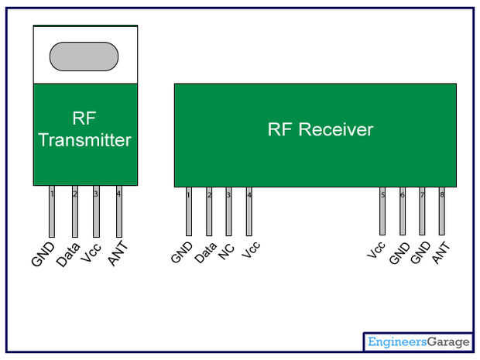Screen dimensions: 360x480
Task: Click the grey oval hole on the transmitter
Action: click(84, 57)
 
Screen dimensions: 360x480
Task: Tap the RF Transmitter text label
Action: click(84, 130)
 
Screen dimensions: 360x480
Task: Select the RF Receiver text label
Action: click(320, 129)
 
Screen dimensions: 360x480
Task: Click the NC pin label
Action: click(226, 252)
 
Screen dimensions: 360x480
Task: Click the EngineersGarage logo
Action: click(418, 341)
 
